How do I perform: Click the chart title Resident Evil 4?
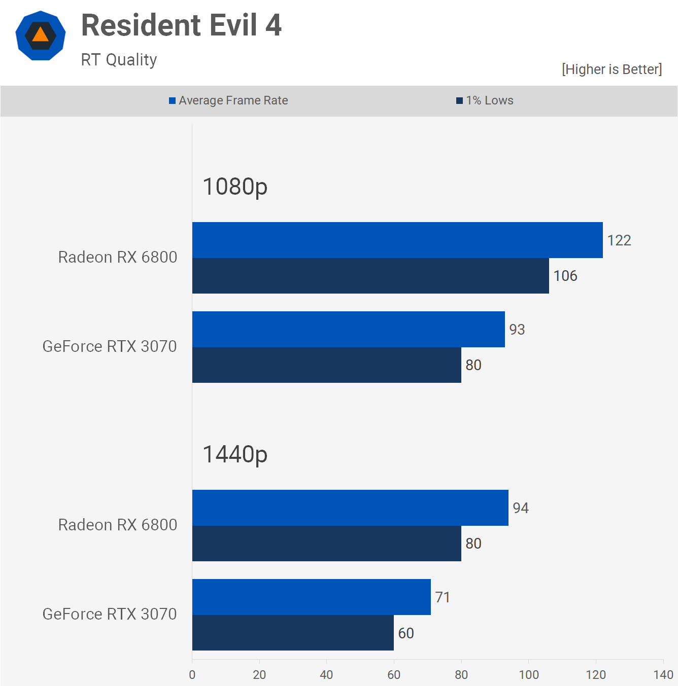pos(181,25)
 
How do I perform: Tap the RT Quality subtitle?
pos(119,60)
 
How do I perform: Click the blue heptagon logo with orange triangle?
pos(41,35)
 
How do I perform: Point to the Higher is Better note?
pos(612,69)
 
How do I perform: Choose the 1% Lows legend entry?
pos(485,100)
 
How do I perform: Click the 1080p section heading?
pos(235,187)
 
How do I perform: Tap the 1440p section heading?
pos(235,454)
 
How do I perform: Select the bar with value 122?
pos(397,240)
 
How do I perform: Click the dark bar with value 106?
pos(370,276)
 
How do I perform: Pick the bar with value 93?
pos(349,330)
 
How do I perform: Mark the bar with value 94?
pos(350,508)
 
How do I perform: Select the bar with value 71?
pos(312,597)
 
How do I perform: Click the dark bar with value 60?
pos(293,633)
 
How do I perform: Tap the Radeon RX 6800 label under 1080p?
pos(118,257)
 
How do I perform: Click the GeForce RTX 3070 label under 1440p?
pos(110,614)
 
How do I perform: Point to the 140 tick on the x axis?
pos(663,675)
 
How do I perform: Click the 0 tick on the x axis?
pos(192,675)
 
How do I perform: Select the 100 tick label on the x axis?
pos(528,675)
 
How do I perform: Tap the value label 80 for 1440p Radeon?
pos(473,544)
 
